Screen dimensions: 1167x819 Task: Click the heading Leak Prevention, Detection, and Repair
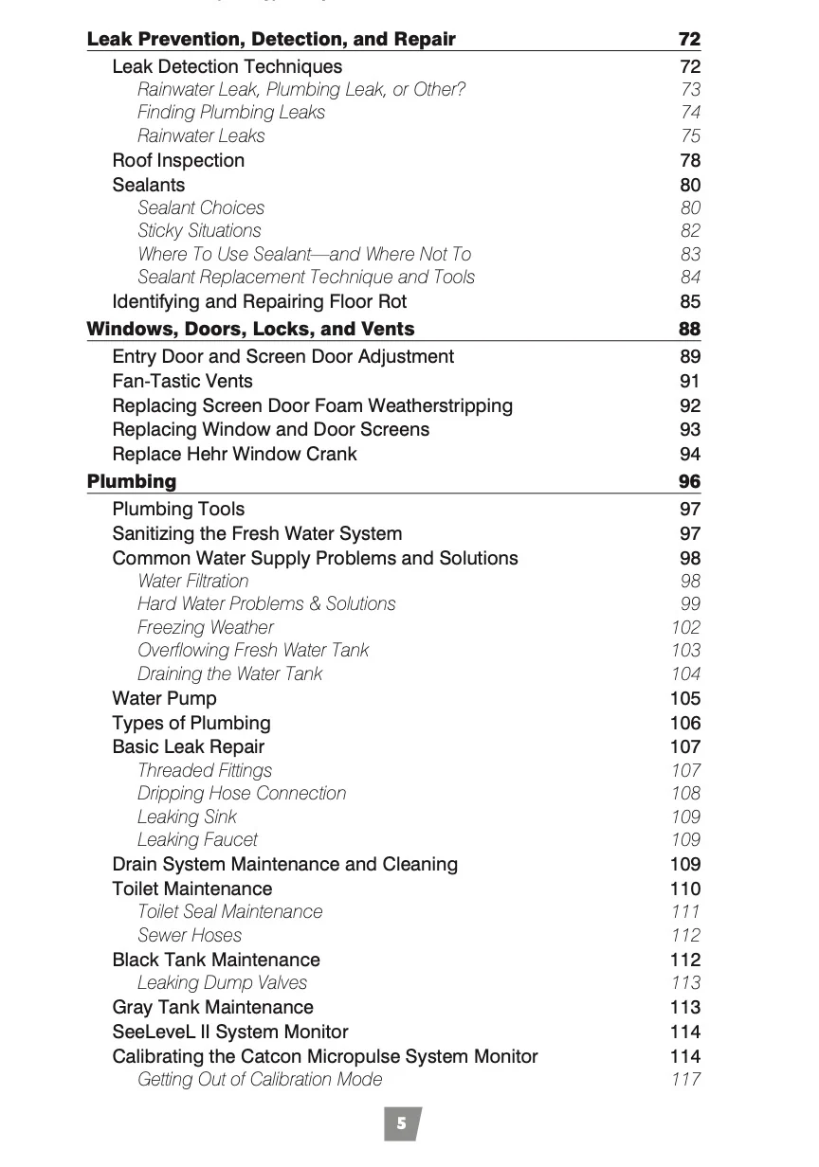[x=271, y=40]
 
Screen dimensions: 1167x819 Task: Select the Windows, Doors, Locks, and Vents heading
[x=250, y=329]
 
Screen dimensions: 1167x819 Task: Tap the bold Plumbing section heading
[x=132, y=481]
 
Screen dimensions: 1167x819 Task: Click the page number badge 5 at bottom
[x=402, y=1123]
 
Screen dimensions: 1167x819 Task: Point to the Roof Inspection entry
[x=178, y=161]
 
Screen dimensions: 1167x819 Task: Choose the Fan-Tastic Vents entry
[x=182, y=381]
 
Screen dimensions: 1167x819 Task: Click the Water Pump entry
[x=164, y=698]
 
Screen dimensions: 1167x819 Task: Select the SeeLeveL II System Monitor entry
[x=229, y=1032]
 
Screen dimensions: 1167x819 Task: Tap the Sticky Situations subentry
[x=199, y=230]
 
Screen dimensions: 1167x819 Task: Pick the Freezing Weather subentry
[x=206, y=627]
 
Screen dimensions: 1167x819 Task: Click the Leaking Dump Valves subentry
[x=222, y=982]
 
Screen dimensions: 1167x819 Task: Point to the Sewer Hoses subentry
[x=190, y=935]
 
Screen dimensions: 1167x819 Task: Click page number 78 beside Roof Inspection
[x=690, y=161]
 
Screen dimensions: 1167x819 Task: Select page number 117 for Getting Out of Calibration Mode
[x=685, y=1079]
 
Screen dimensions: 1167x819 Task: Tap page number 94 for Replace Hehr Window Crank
[x=690, y=454]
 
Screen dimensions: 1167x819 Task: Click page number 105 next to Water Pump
[x=685, y=698]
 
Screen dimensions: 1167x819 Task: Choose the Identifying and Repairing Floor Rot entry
[x=259, y=301]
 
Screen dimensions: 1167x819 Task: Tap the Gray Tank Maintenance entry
[x=212, y=1007]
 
